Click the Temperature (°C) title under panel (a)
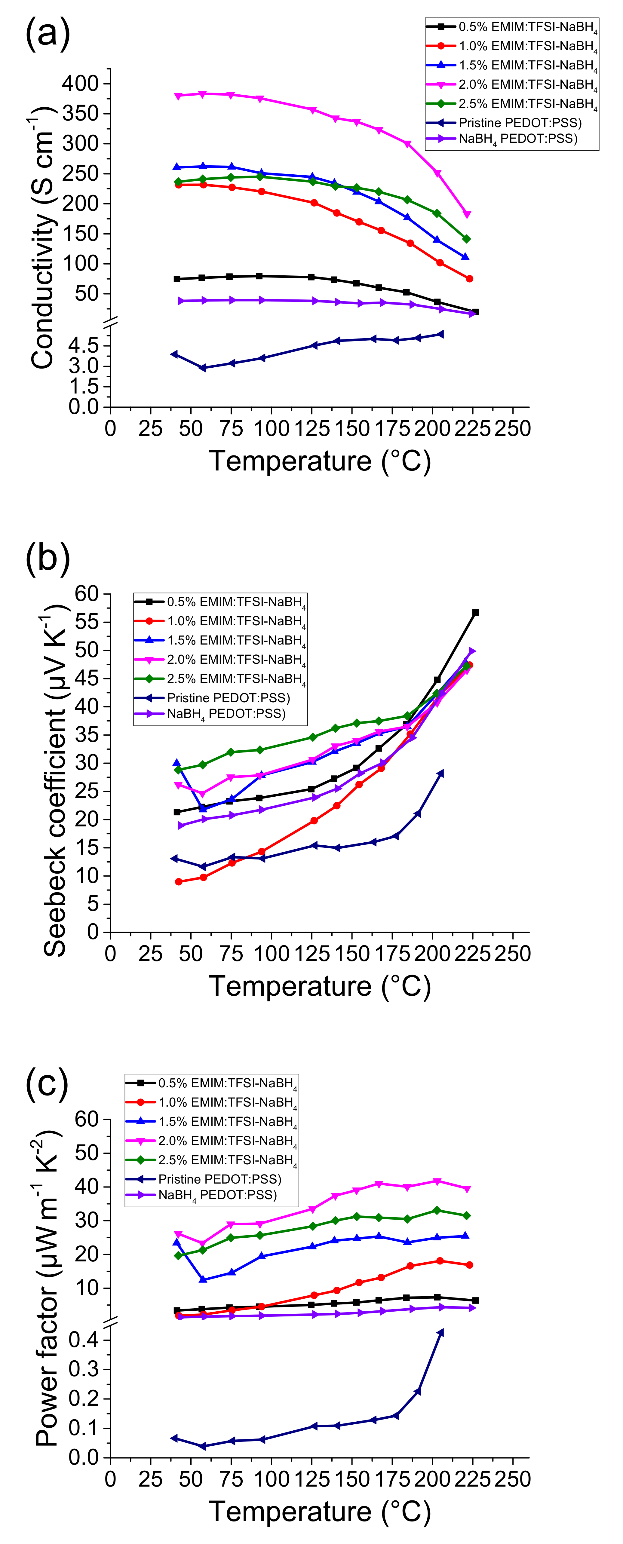pyautogui.click(x=320, y=461)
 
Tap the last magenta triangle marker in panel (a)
pyautogui.click(x=467, y=215)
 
